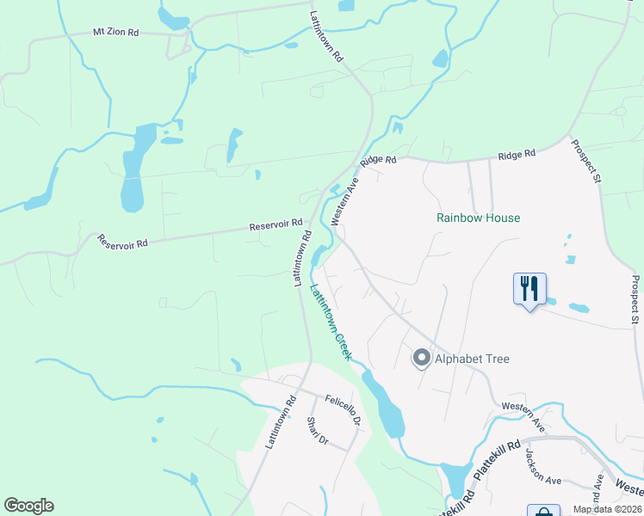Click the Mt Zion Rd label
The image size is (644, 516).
pos(115,33)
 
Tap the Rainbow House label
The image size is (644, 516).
pos(478,218)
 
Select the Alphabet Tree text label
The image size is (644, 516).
pos(472,359)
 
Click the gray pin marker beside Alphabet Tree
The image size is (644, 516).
pos(421,357)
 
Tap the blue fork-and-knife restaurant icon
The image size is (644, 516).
pos(529,288)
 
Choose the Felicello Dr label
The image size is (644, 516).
pos(343,411)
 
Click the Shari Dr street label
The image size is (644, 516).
pos(318,432)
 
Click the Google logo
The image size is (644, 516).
pos(28,506)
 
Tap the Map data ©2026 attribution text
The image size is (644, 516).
pos(607,509)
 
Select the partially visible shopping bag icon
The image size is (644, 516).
pos(542,511)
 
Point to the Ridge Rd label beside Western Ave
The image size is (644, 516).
pos(378,160)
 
